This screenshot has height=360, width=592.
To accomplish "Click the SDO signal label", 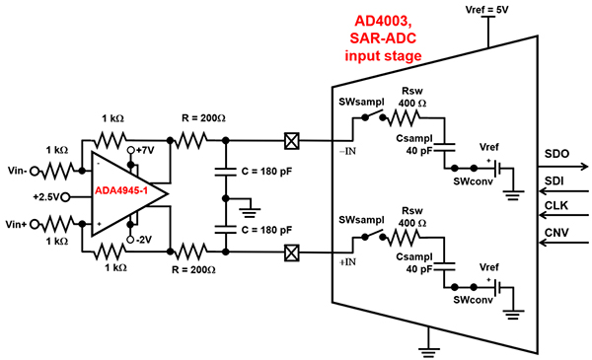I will point(558,156).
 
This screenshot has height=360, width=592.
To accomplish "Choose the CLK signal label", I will point(557,206).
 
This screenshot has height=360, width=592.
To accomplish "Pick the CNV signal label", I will point(557,234).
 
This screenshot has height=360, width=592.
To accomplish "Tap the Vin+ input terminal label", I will point(19,225).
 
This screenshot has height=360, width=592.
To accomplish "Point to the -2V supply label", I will point(144,238).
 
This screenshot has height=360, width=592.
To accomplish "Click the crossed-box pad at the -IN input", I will point(291,139).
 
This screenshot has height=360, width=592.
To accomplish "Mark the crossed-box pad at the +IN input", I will point(291,253).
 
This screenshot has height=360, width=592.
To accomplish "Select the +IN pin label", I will point(342,263).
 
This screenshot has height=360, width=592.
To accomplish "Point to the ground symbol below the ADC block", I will point(427,346).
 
